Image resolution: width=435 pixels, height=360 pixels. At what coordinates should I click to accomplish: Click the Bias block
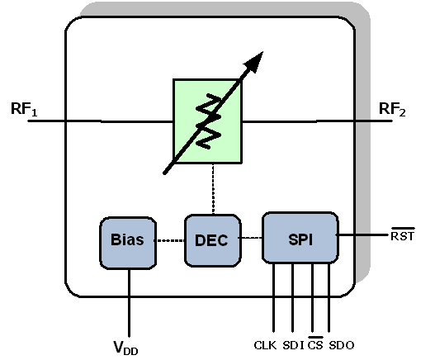128,243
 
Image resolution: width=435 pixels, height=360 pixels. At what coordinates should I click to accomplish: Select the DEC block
212,240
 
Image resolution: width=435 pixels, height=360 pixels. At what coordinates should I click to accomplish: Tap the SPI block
300,238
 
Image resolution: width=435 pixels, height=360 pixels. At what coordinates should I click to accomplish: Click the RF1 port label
24,109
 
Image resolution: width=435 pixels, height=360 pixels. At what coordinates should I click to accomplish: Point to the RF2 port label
392,109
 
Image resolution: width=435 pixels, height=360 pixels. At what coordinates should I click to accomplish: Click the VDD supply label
125,348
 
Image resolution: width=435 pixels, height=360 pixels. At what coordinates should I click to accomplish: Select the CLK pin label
265,345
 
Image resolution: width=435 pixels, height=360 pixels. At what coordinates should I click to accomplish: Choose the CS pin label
315,343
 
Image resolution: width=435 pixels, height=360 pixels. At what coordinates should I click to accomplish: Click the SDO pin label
342,345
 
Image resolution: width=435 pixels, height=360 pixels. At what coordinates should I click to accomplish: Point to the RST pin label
403,234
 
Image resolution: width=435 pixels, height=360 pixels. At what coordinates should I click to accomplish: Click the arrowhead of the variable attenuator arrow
254,62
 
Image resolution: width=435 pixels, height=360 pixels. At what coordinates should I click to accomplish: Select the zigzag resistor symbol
208,121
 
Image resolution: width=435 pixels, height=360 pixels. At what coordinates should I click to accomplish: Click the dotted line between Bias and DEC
170,240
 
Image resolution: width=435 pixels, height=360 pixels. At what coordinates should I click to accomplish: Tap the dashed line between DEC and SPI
250,238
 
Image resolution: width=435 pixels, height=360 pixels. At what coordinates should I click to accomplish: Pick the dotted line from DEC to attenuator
213,189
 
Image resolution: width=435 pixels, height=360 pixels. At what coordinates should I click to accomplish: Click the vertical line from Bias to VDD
129,303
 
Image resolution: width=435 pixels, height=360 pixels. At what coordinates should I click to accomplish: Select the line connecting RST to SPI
362,234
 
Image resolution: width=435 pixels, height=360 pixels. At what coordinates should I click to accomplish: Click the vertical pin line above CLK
273,297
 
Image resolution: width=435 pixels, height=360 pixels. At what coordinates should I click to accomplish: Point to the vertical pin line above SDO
329,297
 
